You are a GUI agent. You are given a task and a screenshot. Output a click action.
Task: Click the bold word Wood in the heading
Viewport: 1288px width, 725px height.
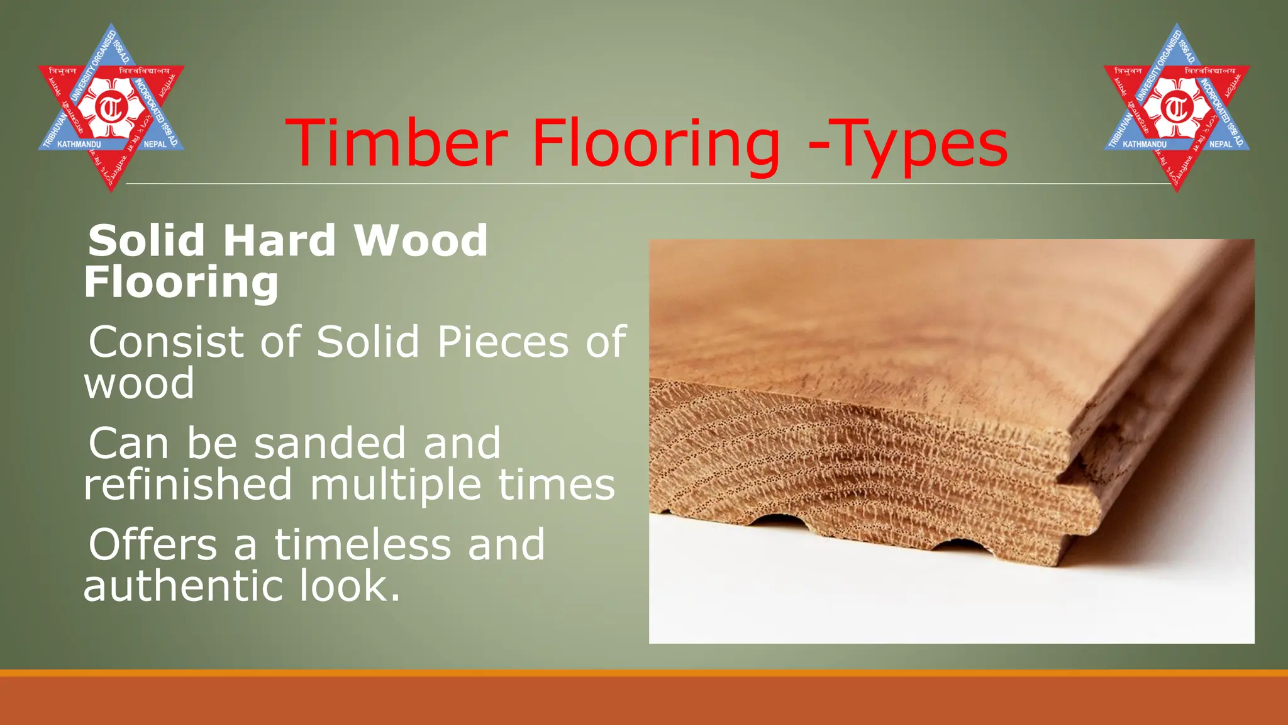pyautogui.click(x=421, y=240)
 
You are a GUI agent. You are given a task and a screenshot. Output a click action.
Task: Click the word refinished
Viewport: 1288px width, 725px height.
pyautogui.click(x=188, y=484)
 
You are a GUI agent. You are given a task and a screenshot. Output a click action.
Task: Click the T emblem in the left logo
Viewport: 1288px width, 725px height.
pyautogui.click(x=111, y=108)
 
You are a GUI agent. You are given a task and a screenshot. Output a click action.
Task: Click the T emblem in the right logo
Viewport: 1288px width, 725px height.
pyautogui.click(x=1177, y=108)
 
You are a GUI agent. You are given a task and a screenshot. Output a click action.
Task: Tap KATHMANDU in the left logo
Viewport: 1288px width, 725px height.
pyautogui.click(x=79, y=145)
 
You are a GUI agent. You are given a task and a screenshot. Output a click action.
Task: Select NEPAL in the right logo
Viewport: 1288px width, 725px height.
pyautogui.click(x=1221, y=145)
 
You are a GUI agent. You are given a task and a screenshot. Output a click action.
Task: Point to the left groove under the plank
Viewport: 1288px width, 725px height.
pyautogui.click(x=779, y=521)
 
